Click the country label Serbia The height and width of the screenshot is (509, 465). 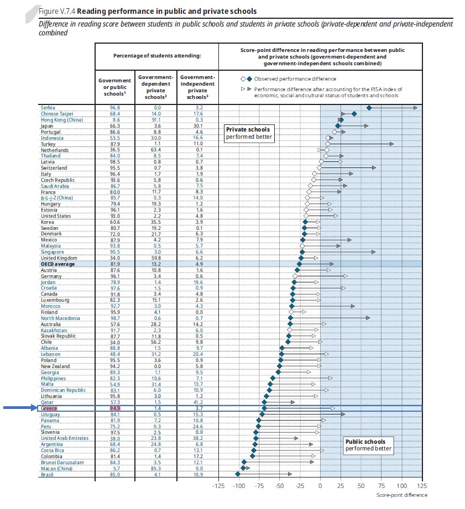point(48,107)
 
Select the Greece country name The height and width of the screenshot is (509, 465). point(49,408)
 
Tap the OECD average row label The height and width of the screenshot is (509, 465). point(58,264)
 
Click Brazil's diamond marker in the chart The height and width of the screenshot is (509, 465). point(238,474)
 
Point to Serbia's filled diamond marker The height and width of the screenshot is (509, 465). point(369,107)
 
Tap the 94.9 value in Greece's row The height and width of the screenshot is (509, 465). point(115,408)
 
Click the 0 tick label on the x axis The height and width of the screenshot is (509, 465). point(320,486)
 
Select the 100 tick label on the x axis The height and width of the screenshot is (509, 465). point(401,486)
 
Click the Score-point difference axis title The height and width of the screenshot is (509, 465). point(402,495)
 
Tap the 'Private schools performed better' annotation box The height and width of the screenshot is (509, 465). point(249,133)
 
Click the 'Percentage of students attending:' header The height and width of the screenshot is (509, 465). point(157,56)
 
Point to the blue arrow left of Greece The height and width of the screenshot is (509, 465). point(19,408)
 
